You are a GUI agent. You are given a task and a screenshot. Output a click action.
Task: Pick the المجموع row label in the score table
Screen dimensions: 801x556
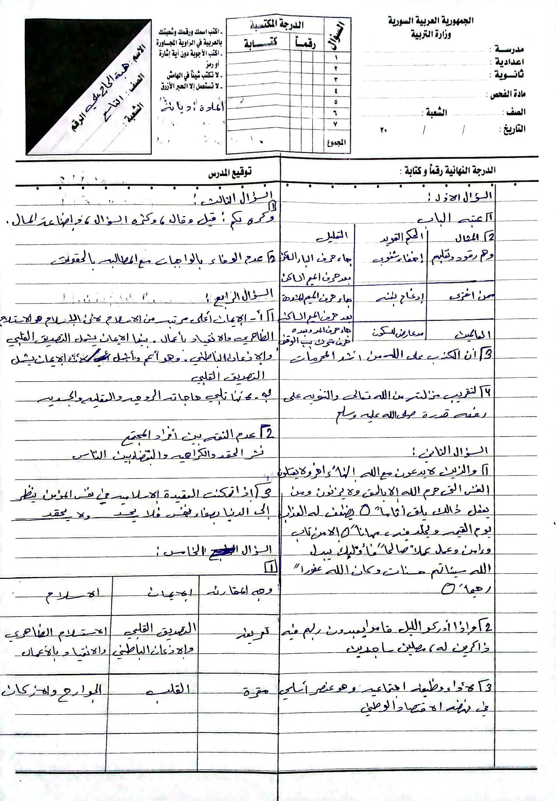click(x=337, y=142)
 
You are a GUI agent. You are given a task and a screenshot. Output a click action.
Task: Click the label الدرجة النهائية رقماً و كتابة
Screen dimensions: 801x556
click(x=450, y=171)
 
